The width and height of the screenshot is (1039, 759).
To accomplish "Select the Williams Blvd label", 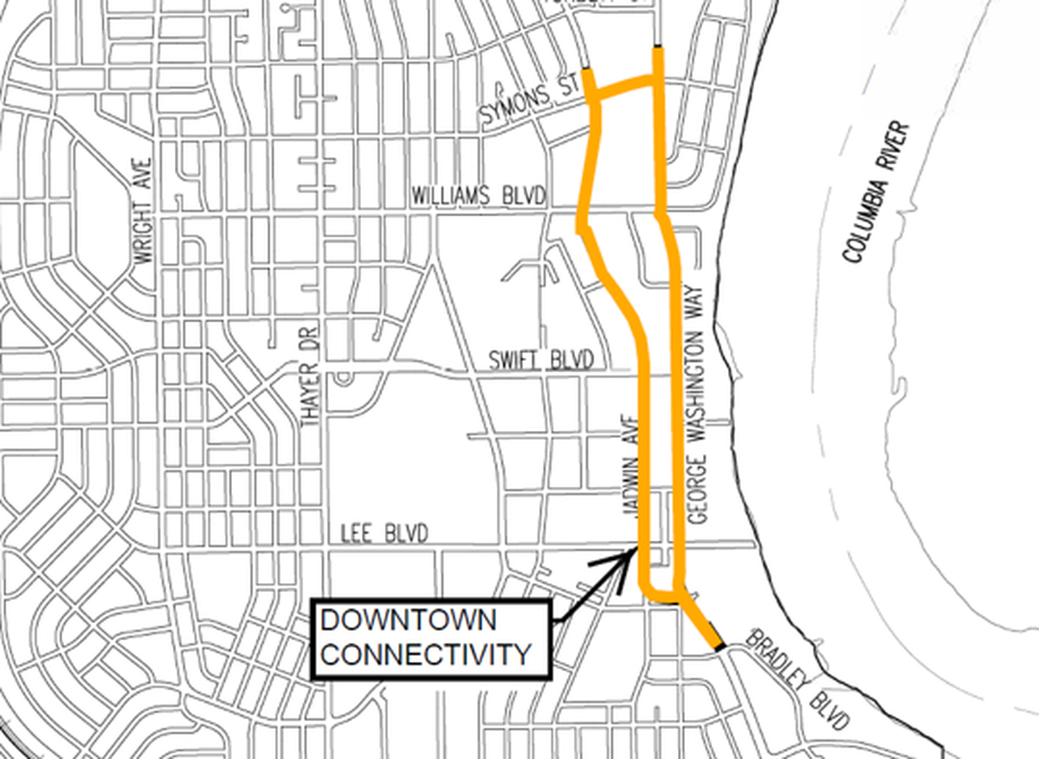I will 479,196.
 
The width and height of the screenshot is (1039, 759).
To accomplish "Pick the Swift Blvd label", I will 540,360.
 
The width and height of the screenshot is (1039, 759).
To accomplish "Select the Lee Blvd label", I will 384,535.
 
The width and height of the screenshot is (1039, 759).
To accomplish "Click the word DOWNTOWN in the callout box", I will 409,621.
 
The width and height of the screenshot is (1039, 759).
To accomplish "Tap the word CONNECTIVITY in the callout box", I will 426,653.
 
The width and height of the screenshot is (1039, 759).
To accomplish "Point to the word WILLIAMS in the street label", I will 452,196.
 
